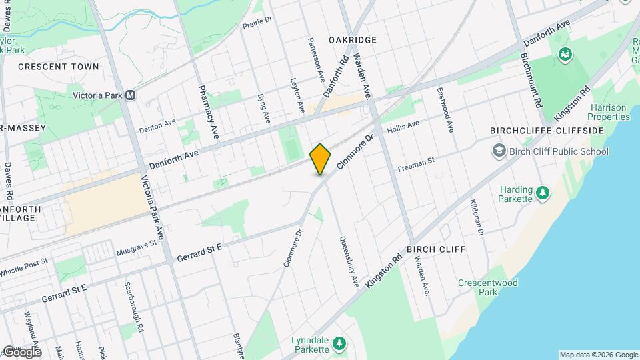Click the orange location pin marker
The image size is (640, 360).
tap(320, 159)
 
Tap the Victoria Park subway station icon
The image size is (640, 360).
tap(131, 95)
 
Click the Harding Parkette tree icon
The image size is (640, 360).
tap(544, 193)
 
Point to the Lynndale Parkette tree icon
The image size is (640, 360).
tap(340, 344)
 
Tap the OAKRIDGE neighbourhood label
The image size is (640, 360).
tap(353, 40)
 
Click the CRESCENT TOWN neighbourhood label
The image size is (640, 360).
tap(59, 67)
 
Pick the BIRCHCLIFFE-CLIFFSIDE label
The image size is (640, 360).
tap(547, 130)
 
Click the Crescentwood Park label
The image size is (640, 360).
tap(488, 287)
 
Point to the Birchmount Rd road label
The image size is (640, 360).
tap(534, 80)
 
